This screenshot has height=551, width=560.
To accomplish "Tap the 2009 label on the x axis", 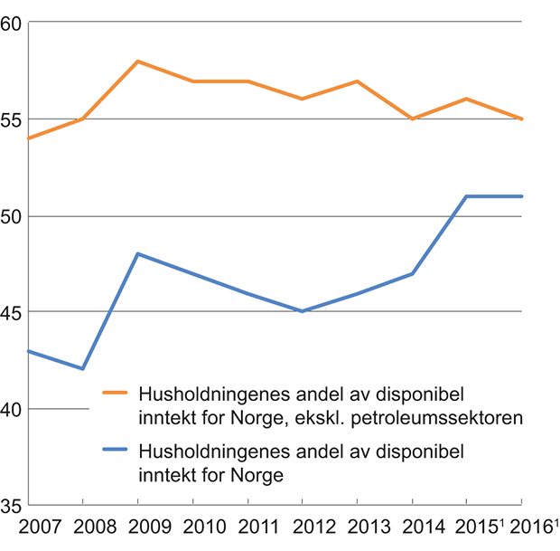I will [137, 527].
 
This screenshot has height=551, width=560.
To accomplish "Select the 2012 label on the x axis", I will [302, 527].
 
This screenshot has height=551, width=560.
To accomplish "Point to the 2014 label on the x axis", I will [412, 527].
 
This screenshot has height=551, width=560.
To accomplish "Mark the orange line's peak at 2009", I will [137, 61].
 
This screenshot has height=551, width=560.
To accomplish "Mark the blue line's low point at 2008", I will [83, 369].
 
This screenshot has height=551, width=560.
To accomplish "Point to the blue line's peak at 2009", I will [137, 253].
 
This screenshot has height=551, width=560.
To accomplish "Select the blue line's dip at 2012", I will [302, 311].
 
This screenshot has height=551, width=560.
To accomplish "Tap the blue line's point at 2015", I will [466, 196].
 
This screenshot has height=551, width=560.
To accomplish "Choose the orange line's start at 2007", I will [29, 138].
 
